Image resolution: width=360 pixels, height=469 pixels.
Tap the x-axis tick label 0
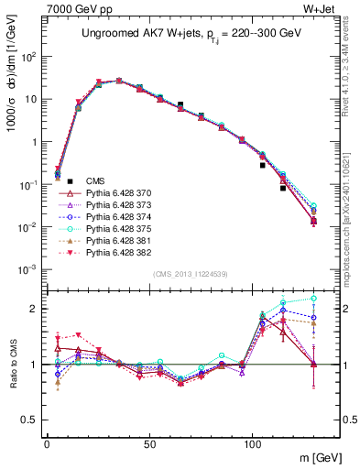pyautogui.click(x=47, y=443)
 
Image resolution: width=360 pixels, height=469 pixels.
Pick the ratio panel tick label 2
pyautogui.click(x=34, y=309)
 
